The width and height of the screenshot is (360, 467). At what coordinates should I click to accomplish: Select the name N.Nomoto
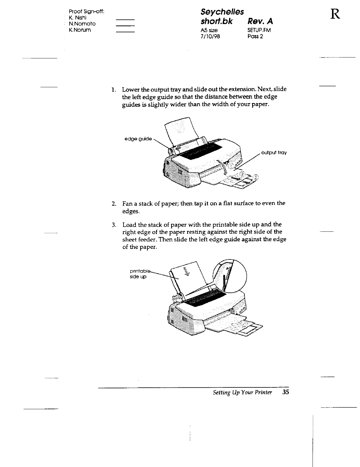click(x=82, y=24)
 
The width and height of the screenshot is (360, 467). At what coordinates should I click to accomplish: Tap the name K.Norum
click(x=80, y=30)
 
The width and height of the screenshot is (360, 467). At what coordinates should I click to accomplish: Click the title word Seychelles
click(x=222, y=12)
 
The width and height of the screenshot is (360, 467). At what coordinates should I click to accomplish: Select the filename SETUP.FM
click(x=259, y=30)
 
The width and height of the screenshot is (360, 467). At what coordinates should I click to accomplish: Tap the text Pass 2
click(x=255, y=37)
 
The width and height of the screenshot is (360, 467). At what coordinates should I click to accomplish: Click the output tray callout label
click(x=274, y=153)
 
